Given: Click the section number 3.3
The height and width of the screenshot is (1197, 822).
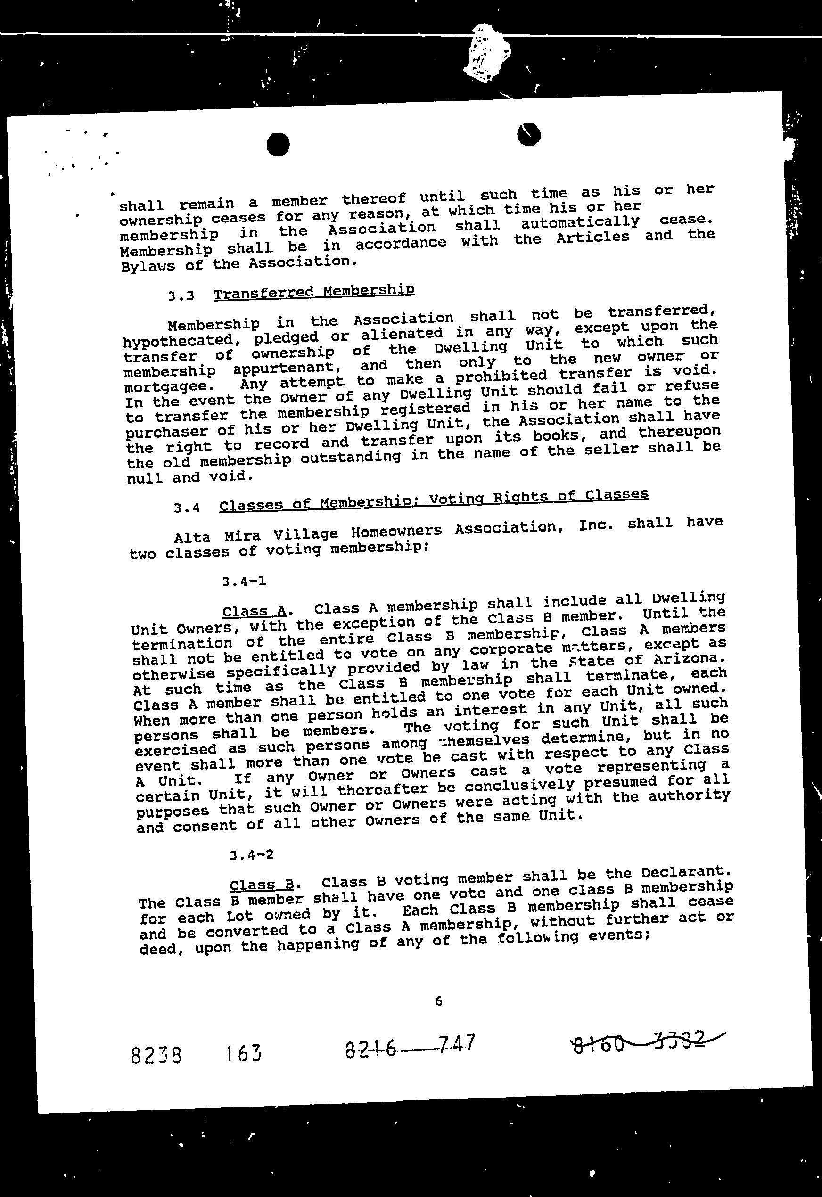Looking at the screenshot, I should [181, 296].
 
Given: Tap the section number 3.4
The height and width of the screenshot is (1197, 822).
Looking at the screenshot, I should [187, 508].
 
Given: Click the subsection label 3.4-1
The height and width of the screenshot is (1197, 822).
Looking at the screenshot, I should [244, 582].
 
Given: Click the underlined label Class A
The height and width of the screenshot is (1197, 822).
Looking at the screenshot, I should [254, 611].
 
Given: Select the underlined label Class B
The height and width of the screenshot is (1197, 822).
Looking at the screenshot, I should [262, 885].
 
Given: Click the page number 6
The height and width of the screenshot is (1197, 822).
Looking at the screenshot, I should [438, 1001].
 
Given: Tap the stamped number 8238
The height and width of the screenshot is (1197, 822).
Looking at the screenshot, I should [156, 1056].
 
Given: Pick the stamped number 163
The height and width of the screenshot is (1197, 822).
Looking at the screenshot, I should [243, 1054].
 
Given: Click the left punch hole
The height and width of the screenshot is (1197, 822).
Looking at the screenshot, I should [278, 144].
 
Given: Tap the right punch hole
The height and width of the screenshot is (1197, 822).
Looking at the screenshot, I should [528, 134].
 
